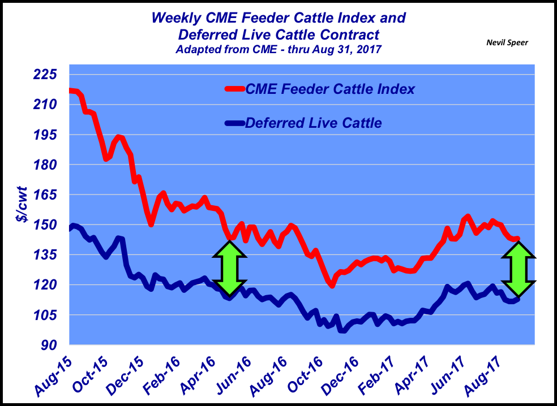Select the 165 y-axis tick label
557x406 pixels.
[x=45, y=195]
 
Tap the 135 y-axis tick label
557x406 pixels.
[x=45, y=255]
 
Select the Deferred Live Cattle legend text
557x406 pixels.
[x=314, y=123]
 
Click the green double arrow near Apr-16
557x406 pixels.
[x=230, y=269]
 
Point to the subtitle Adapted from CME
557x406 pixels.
[x=278, y=50]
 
